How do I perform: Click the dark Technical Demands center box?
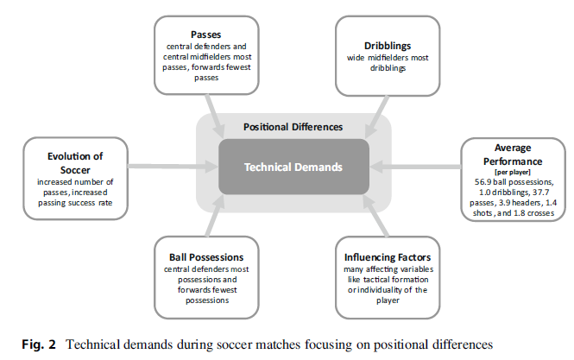click(293, 167)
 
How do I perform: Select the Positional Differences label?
click(293, 126)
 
